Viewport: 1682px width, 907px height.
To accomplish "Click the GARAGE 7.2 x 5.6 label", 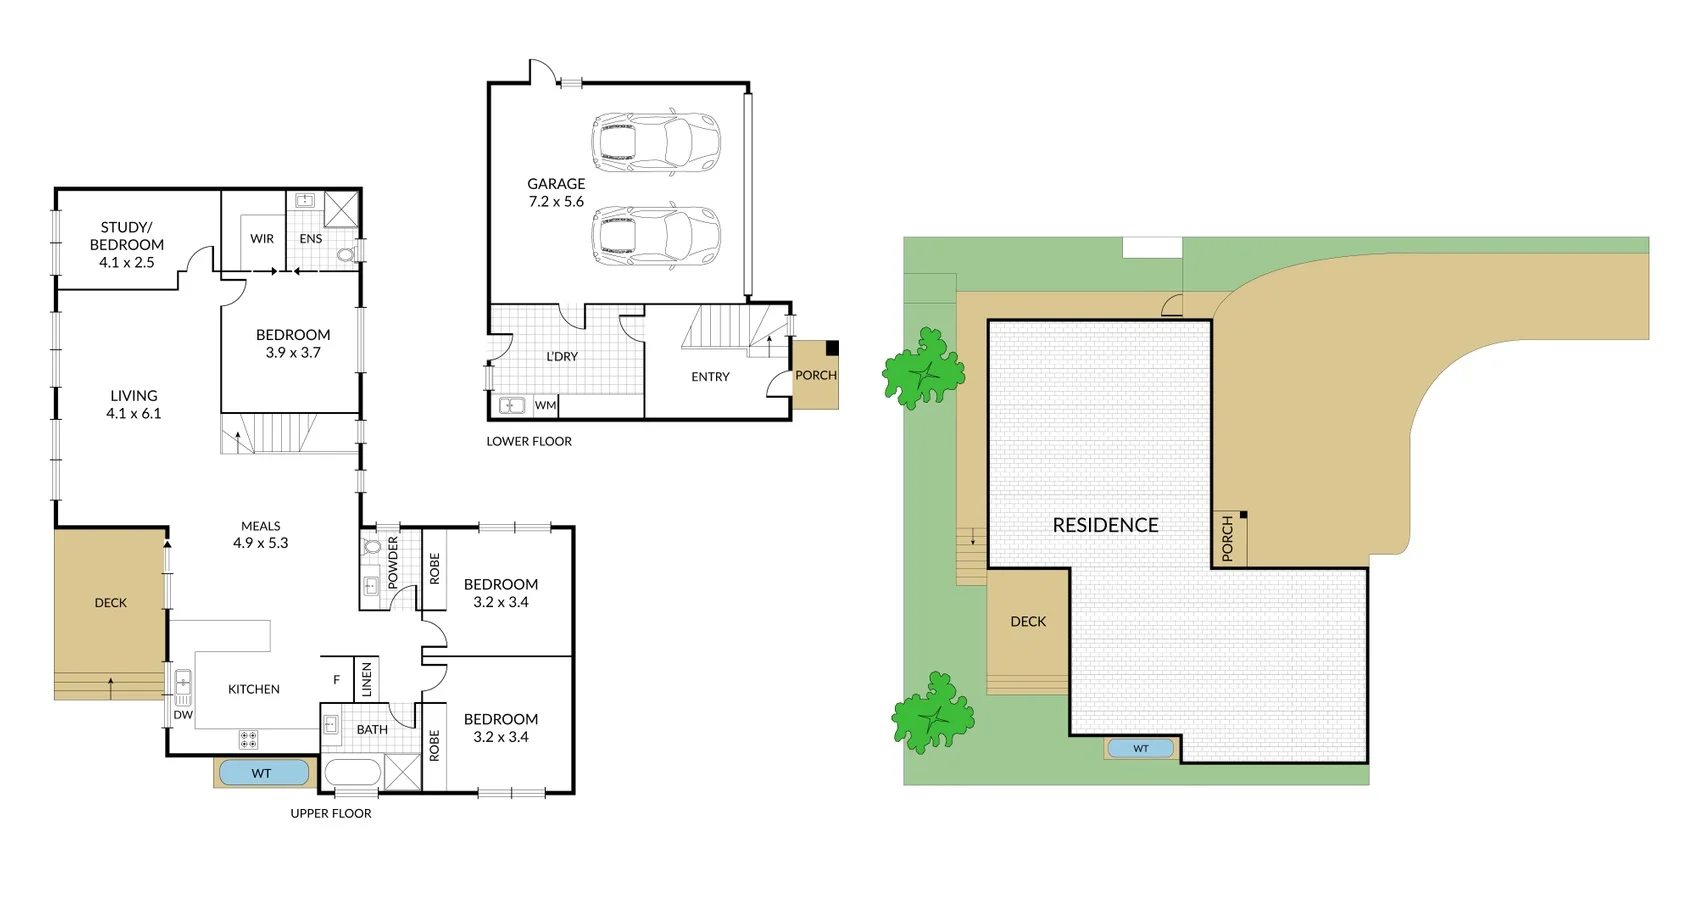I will click(x=556, y=192).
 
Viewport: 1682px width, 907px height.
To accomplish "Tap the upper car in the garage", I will click(x=655, y=139).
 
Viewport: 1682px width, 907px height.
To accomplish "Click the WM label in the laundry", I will click(x=545, y=405).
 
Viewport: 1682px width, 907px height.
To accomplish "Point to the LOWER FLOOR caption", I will click(x=529, y=441).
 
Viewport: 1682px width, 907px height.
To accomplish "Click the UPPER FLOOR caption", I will click(x=331, y=814).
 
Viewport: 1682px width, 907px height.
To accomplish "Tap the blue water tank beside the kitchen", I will click(x=263, y=773).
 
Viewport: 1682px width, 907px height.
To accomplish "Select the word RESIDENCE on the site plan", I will click(x=1105, y=525).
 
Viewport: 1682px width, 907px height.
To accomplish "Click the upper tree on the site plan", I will click(x=924, y=369).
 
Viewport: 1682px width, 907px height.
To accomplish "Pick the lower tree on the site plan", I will click(x=932, y=713).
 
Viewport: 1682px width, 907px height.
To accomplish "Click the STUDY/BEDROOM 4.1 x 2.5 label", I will click(x=127, y=245).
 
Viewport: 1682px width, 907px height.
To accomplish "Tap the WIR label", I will click(x=262, y=239).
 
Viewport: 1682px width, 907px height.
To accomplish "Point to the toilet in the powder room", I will click(x=372, y=547).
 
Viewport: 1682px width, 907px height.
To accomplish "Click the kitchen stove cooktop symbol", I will click(x=248, y=740).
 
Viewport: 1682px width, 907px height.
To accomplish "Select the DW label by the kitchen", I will click(x=183, y=715).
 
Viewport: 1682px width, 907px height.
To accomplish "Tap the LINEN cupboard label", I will click(x=367, y=680).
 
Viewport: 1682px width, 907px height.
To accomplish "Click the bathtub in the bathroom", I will click(x=352, y=774).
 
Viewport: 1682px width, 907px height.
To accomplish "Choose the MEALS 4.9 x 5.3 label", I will click(x=261, y=535).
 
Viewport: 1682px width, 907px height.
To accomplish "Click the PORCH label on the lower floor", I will click(x=816, y=376).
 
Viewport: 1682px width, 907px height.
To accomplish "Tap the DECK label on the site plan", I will click(x=1028, y=622).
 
